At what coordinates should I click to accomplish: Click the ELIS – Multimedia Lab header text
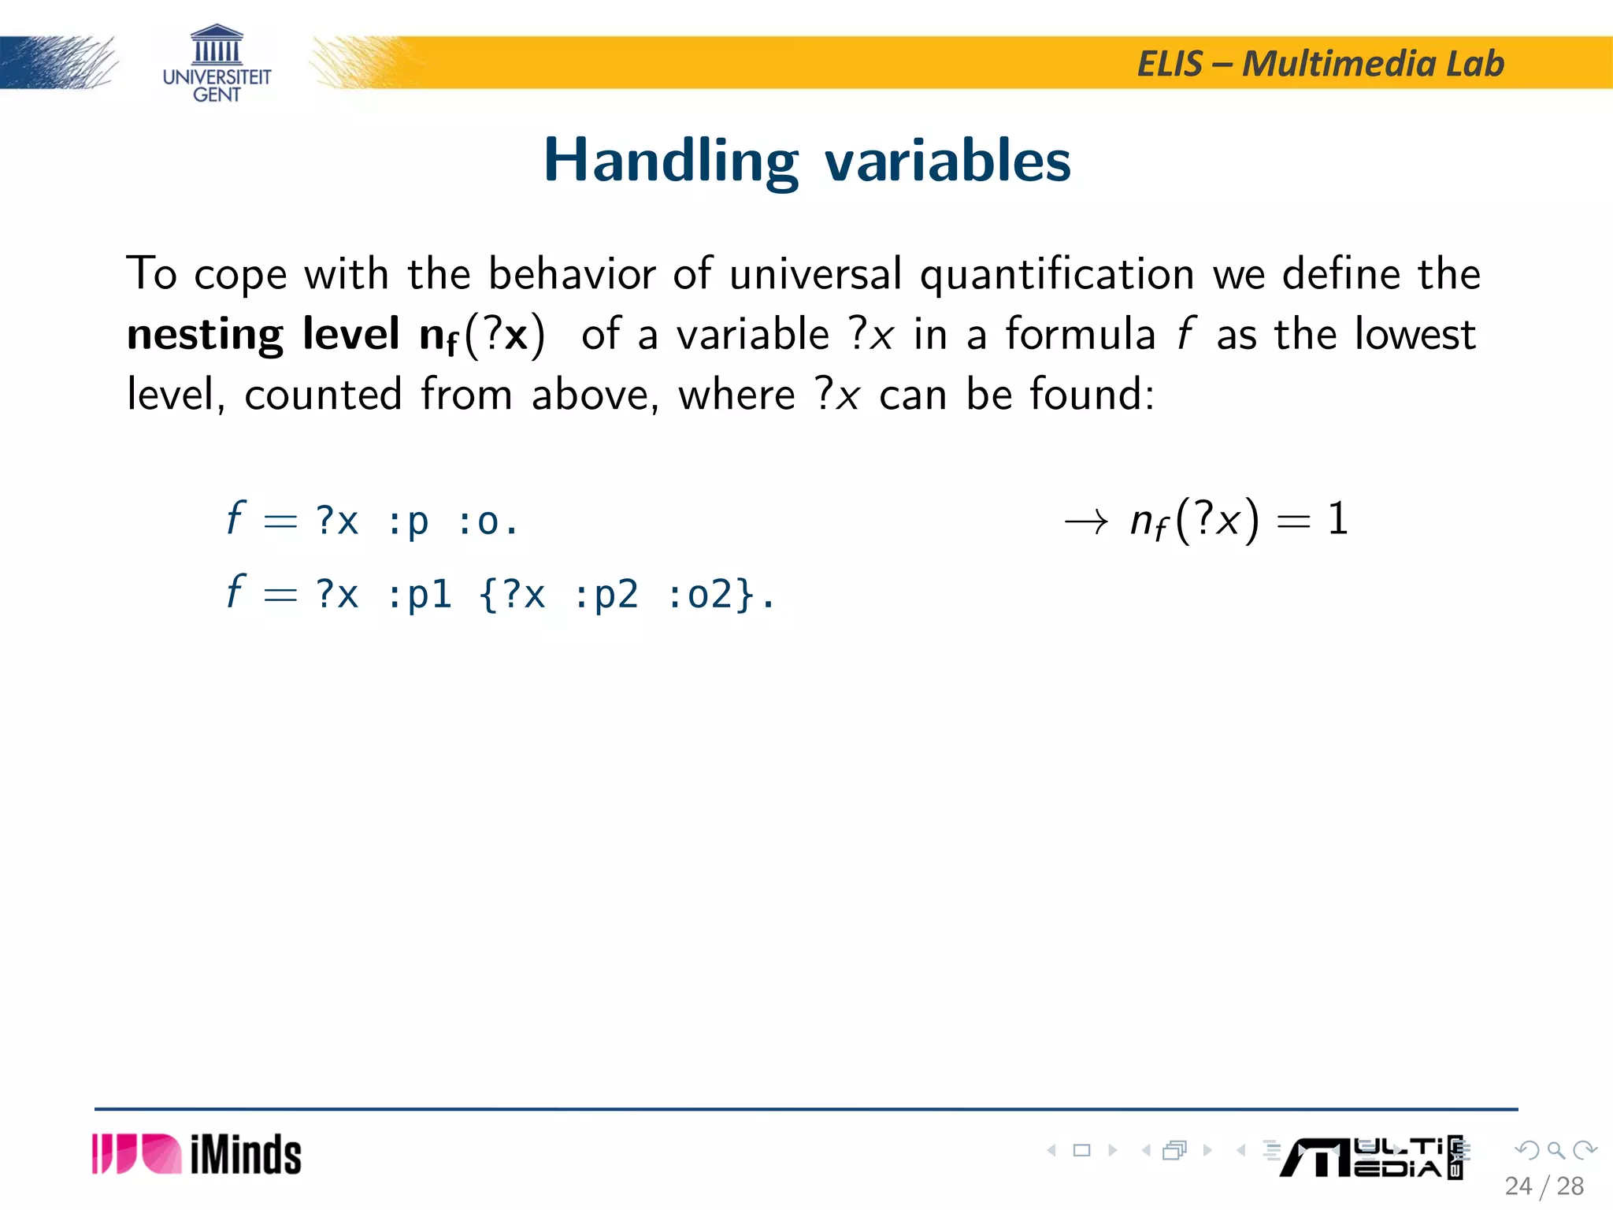tap(1320, 64)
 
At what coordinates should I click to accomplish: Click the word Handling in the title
tap(671, 161)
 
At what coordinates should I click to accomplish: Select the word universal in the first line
tap(815, 274)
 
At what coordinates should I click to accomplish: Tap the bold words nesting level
tap(263, 334)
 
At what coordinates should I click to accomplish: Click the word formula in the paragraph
tap(1081, 334)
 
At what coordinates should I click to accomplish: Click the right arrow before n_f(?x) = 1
tap(1086, 521)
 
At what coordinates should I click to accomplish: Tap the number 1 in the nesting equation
tap(1337, 519)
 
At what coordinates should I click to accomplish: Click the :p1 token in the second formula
tap(419, 596)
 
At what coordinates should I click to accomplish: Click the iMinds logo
tap(197, 1155)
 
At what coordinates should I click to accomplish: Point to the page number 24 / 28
tap(1544, 1186)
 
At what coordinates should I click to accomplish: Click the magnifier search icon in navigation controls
tap(1556, 1151)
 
